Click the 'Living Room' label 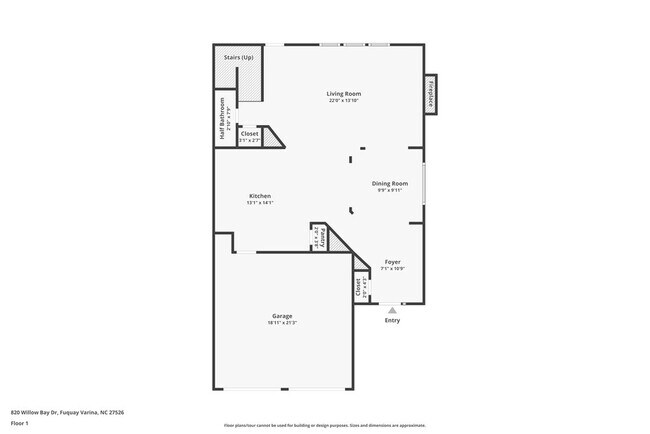[343, 94]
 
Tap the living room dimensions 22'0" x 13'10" [343, 101]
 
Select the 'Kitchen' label [260, 196]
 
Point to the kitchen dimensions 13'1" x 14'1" [260, 203]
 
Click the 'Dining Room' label [390, 183]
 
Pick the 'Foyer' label [393, 262]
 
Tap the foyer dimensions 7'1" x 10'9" [393, 269]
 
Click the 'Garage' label [282, 316]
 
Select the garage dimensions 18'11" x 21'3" [282, 323]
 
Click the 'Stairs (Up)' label [238, 58]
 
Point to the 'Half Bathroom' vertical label [222, 118]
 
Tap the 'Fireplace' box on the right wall [431, 94]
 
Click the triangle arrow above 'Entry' [391, 311]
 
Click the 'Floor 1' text [19, 423]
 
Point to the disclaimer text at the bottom [325, 426]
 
